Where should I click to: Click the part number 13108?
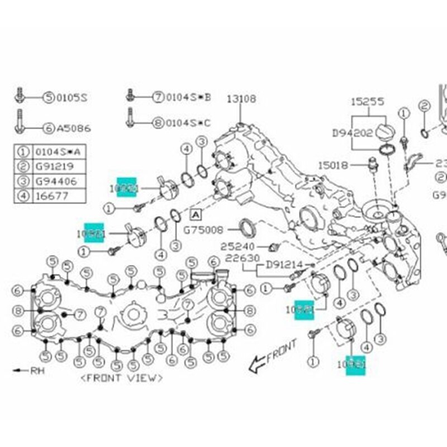[x=241, y=99]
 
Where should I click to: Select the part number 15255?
[x=367, y=101]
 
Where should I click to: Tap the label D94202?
[x=351, y=133]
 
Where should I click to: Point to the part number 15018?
[x=333, y=165]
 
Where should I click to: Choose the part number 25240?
[x=237, y=246]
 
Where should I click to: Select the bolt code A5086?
[x=73, y=128]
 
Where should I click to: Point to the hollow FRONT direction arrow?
[x=259, y=364]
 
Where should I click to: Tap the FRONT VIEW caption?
[x=122, y=378]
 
